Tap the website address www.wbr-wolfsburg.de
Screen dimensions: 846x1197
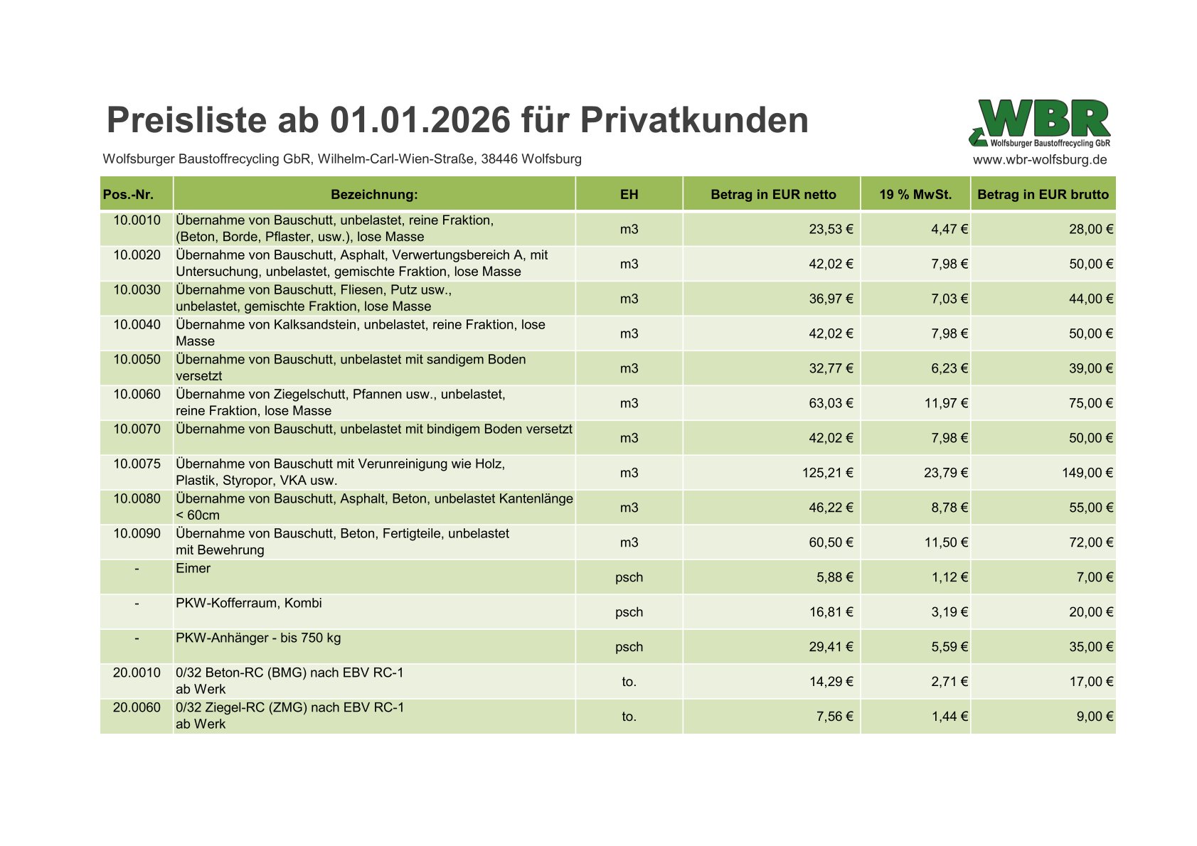point(1039,160)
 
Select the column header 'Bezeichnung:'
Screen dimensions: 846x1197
point(374,194)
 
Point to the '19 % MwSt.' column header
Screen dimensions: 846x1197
point(915,194)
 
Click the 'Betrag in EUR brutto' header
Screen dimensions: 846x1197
point(1042,194)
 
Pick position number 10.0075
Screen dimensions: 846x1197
point(137,464)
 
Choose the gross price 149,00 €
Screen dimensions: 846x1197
point(1087,473)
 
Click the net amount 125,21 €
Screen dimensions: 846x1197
point(827,473)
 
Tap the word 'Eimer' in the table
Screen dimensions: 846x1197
point(193,569)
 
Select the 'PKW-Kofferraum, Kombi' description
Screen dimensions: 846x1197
point(249,604)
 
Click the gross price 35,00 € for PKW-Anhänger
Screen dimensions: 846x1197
point(1090,647)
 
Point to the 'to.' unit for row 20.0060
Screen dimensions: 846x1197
point(629,717)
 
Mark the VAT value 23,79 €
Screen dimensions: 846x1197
point(945,473)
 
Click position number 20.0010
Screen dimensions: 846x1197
point(137,673)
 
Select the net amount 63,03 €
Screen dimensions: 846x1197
point(831,403)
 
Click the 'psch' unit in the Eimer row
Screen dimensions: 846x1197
point(629,577)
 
